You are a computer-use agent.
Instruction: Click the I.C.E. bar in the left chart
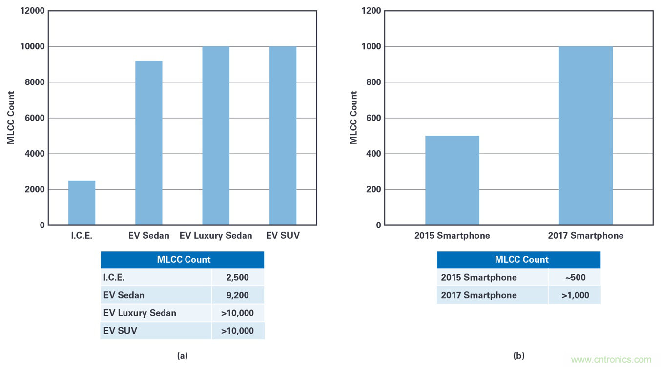pyautogui.click(x=82, y=203)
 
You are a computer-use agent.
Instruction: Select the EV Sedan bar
pyautogui.click(x=149, y=143)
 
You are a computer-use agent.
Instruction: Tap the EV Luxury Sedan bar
pyautogui.click(x=216, y=136)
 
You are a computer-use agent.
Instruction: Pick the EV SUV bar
pyautogui.click(x=283, y=136)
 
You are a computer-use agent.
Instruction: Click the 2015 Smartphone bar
pyautogui.click(x=452, y=181)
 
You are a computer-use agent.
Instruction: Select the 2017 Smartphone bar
pyautogui.click(x=586, y=136)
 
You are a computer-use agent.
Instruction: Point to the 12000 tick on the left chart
pyautogui.click(x=33, y=11)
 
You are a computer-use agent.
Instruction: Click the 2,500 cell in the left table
pyautogui.click(x=238, y=277)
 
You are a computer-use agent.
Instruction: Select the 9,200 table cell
pyautogui.click(x=238, y=295)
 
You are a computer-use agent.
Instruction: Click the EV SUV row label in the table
pyautogui.click(x=120, y=330)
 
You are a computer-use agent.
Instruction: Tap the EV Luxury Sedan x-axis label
pyautogui.click(x=216, y=236)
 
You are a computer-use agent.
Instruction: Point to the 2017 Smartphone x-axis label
pyautogui.click(x=586, y=236)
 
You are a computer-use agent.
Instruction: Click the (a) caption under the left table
pyautogui.click(x=182, y=356)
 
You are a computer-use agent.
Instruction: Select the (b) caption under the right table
pyautogui.click(x=519, y=356)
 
